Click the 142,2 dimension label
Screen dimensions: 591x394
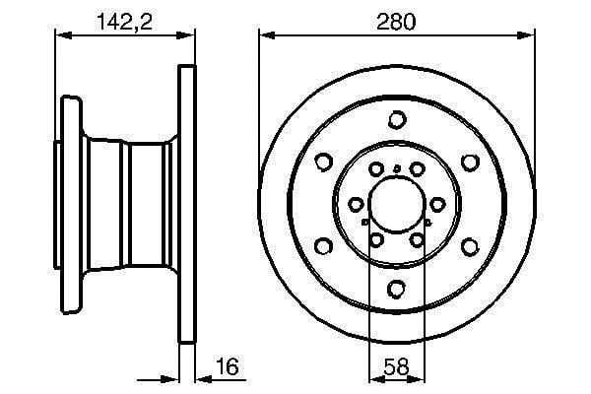[x=125, y=22]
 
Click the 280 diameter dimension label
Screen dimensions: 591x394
[x=396, y=22]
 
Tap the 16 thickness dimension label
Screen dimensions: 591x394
[x=228, y=366]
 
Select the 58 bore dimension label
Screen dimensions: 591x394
[x=396, y=366]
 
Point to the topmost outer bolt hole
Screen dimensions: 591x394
[x=397, y=120]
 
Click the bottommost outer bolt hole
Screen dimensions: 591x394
[x=397, y=289]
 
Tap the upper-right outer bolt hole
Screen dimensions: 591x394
[x=470, y=163]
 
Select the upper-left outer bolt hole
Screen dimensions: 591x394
[x=323, y=163]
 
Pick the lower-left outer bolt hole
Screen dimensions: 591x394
[x=323, y=246]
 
